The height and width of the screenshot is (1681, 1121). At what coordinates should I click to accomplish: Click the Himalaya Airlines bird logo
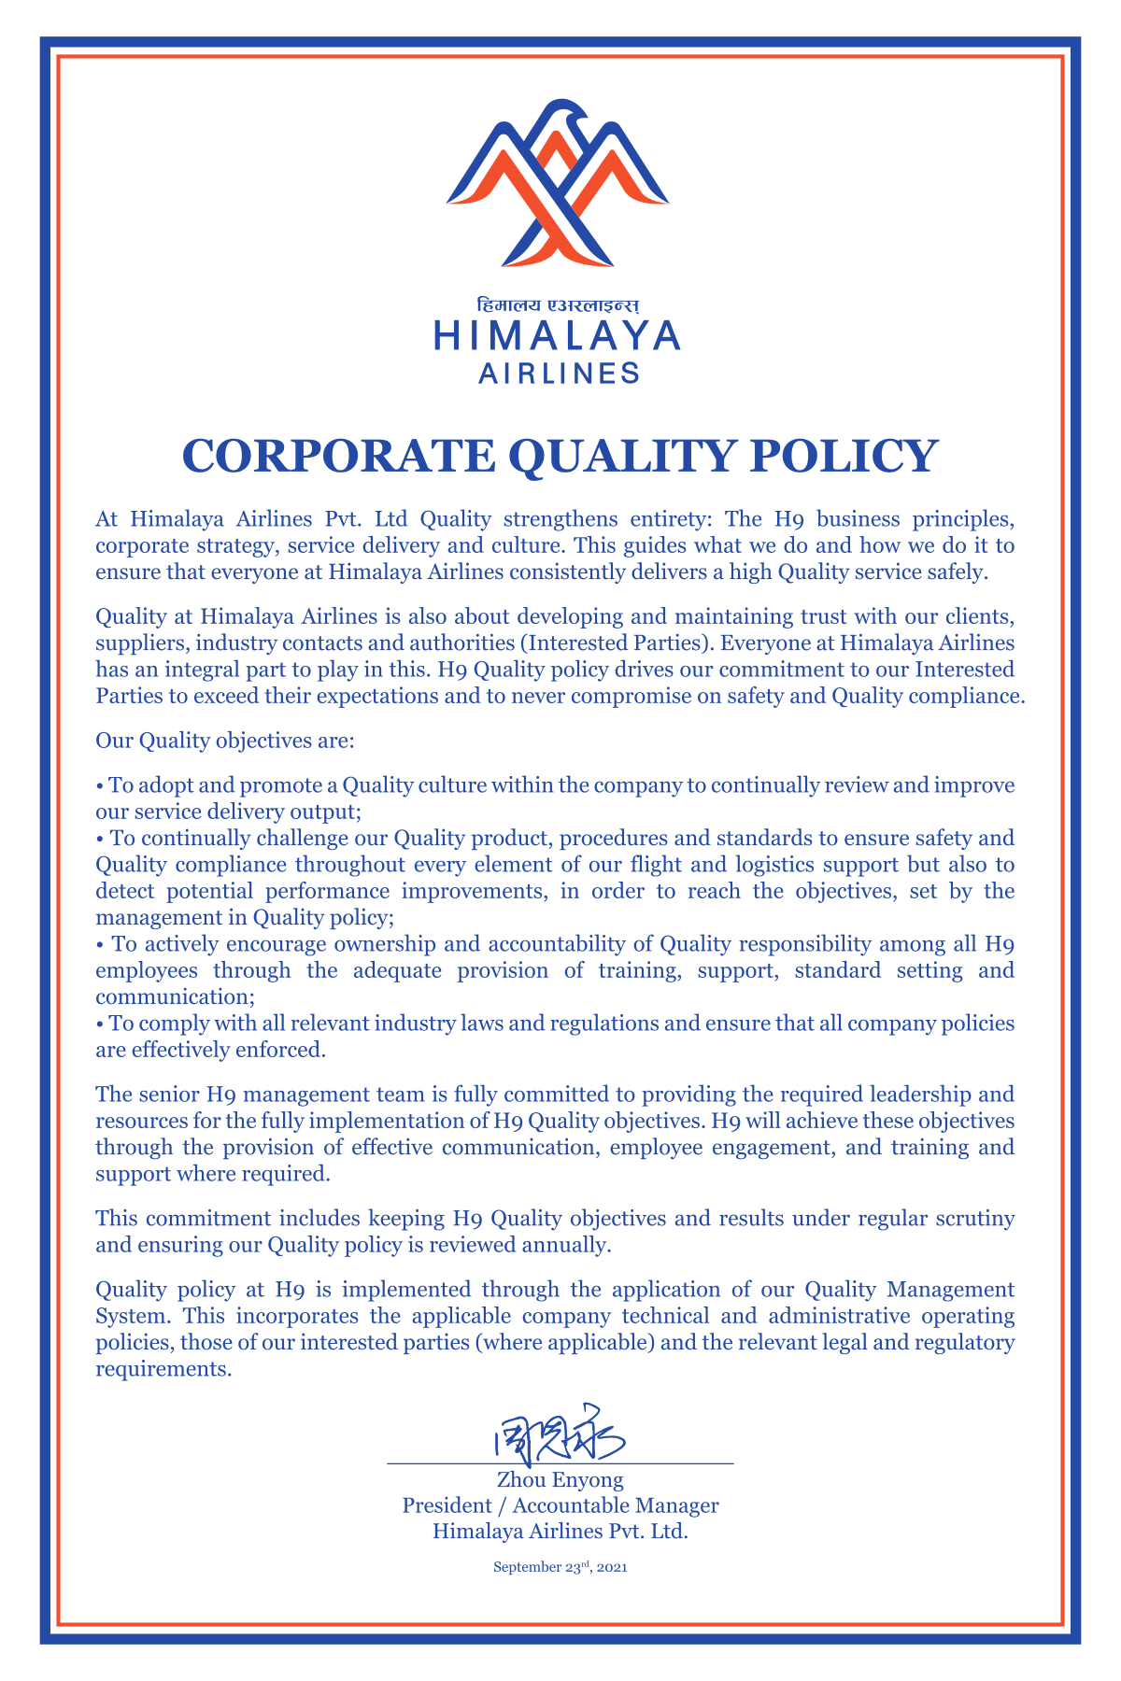pyautogui.click(x=558, y=184)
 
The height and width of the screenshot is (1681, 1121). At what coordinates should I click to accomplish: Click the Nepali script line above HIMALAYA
pyautogui.click(x=558, y=305)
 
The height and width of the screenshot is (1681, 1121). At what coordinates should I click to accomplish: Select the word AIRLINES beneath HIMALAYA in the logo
pyautogui.click(x=559, y=374)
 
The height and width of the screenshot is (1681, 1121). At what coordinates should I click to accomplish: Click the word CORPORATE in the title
pyautogui.click(x=336, y=457)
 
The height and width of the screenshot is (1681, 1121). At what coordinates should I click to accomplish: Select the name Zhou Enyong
pyautogui.click(x=560, y=1480)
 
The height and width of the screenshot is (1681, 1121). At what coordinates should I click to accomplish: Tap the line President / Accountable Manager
pyautogui.click(x=560, y=1505)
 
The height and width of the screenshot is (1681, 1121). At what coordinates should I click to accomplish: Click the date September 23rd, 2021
pyautogui.click(x=560, y=1567)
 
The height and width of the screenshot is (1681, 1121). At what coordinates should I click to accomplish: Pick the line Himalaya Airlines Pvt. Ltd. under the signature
pyautogui.click(x=560, y=1532)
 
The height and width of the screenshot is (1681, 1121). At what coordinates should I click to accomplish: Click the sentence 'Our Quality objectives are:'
pyautogui.click(x=225, y=742)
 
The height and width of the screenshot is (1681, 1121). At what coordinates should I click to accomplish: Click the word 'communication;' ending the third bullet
pyautogui.click(x=169, y=996)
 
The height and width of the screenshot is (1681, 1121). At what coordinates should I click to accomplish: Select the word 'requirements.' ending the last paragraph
pyautogui.click(x=163, y=1370)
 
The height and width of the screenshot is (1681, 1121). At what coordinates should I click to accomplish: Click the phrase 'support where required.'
pyautogui.click(x=213, y=1174)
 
